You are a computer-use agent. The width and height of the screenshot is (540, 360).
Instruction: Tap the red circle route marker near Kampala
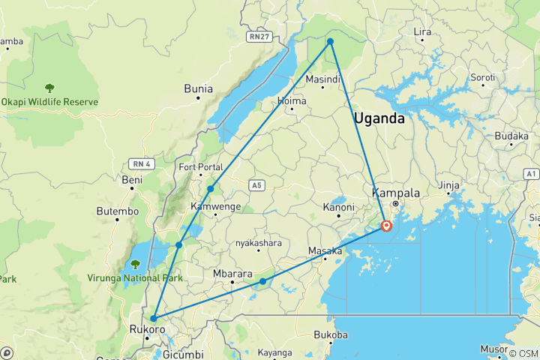point(386,225)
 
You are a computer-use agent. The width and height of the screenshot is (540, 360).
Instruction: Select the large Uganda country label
point(379,118)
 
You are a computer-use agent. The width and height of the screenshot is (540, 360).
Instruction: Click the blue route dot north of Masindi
point(330,42)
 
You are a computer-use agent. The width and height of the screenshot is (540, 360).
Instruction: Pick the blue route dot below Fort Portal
point(211,188)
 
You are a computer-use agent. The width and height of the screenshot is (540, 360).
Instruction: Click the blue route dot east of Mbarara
point(262,281)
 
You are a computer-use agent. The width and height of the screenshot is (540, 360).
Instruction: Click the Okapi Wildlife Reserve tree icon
point(49,88)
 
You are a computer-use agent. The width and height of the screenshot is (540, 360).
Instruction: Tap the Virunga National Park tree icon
point(135,264)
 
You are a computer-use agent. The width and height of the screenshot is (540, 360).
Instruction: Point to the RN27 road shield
point(259,35)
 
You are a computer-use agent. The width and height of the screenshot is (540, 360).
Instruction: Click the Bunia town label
point(199,89)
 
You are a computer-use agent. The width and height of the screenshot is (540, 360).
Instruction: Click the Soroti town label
point(482,78)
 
